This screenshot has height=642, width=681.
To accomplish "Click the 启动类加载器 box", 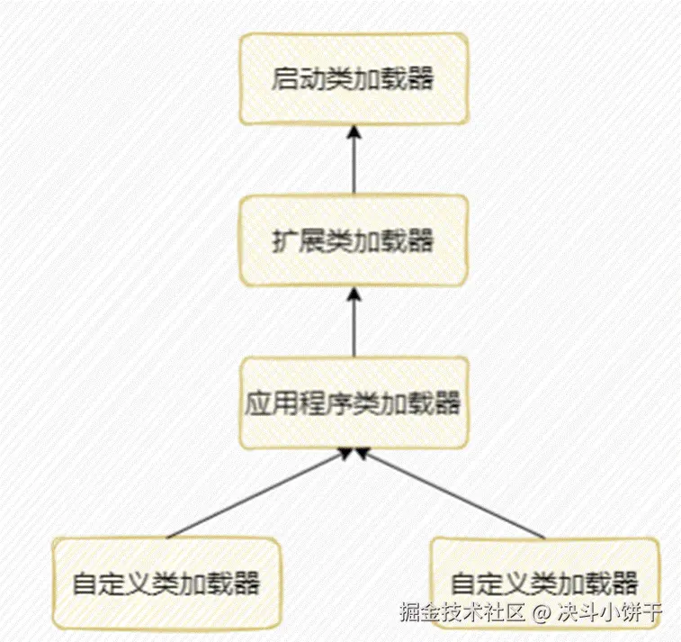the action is pyautogui.click(x=353, y=79).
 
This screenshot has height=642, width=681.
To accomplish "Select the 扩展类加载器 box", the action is pyautogui.click(x=353, y=241).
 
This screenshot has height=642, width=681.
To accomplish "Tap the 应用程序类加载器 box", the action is pyautogui.click(x=353, y=402).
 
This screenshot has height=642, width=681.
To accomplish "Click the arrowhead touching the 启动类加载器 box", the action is pyautogui.click(x=354, y=131).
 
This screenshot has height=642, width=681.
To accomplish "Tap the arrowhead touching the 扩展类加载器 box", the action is pyautogui.click(x=354, y=294).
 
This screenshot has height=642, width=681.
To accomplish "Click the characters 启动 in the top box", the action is pyautogui.click(x=288, y=79).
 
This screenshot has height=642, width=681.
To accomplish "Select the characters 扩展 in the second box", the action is pyautogui.click(x=288, y=241).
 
